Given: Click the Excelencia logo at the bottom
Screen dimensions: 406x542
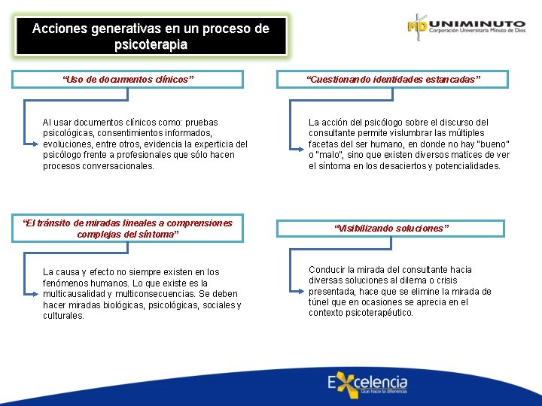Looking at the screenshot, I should (x=367, y=383).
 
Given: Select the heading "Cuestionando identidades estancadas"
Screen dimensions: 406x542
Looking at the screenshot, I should (x=393, y=79).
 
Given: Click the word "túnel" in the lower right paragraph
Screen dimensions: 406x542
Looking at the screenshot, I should (x=320, y=302).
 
